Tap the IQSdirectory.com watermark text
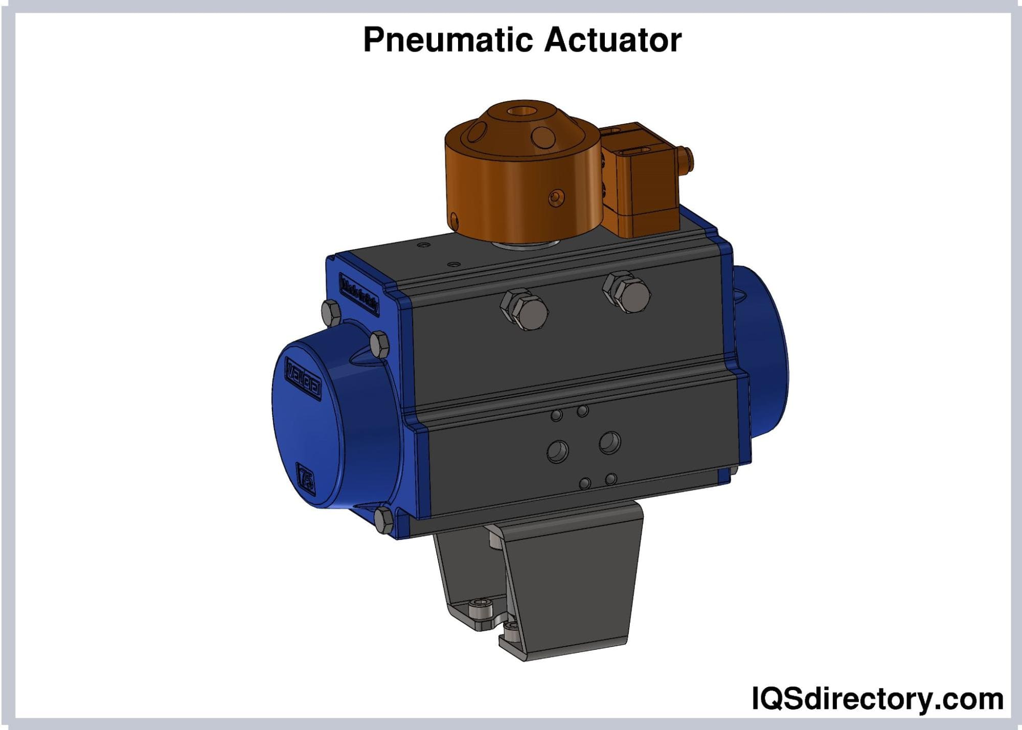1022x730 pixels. pos(877,699)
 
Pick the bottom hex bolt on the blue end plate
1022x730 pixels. pos(383,520)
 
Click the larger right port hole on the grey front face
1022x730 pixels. pos(609,442)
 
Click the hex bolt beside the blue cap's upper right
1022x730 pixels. pos(379,345)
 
